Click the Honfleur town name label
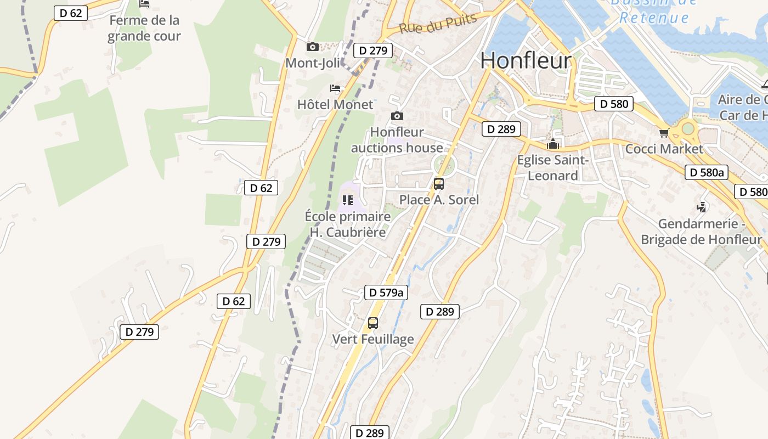[x=526, y=60]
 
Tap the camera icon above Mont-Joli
[x=313, y=47]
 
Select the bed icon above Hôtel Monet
[x=335, y=88]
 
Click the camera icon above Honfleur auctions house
[x=397, y=116]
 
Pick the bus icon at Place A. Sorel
[x=439, y=184]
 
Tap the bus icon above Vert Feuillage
[x=373, y=323]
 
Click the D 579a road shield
[x=386, y=292]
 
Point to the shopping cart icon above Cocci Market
[x=664, y=133]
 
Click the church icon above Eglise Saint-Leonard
[x=553, y=145]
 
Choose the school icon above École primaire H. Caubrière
[x=347, y=200]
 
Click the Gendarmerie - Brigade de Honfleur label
[x=701, y=232]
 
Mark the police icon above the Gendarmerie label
[x=701, y=207]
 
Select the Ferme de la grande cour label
[x=144, y=29]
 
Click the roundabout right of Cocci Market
[x=687, y=130]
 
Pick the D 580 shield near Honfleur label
[x=614, y=104]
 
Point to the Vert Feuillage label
[x=373, y=339]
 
